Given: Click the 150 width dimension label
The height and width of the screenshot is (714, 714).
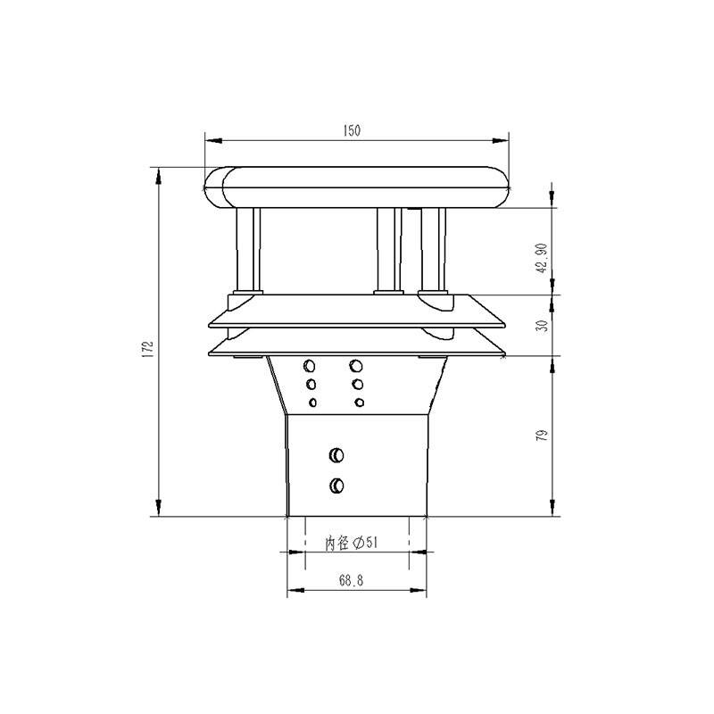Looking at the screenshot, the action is [x=352, y=130].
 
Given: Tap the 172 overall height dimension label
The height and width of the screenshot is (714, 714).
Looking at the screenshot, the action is [x=147, y=349].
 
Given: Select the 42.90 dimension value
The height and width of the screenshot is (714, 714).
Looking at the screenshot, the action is [x=542, y=258].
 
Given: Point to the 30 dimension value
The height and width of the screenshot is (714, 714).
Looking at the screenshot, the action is [x=542, y=326].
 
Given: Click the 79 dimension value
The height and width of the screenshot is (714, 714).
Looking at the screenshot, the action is [x=542, y=436].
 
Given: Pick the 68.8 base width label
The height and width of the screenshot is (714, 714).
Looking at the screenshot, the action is [x=351, y=580].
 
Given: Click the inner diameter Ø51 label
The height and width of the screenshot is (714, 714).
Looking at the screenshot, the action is [x=351, y=543].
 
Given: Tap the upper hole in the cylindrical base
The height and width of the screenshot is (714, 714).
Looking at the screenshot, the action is [x=336, y=455].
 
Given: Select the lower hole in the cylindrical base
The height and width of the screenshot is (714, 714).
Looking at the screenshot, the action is [x=336, y=486].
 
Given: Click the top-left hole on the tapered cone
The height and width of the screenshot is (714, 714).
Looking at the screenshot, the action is [x=310, y=365].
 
